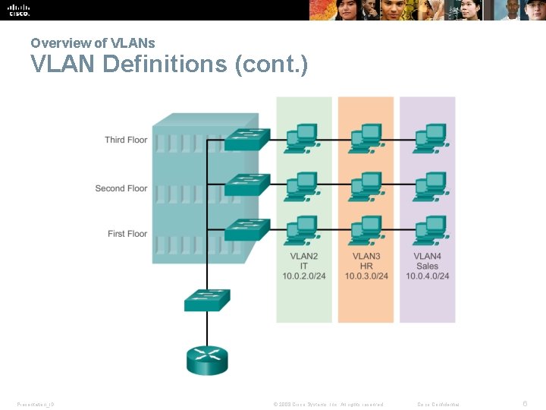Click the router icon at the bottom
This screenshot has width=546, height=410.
pos(206,357)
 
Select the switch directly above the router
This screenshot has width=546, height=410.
pos(206,301)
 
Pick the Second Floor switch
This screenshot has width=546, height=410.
pos(247,184)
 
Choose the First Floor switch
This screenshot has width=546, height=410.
pos(247,229)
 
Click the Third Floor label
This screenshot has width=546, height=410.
pos(126,140)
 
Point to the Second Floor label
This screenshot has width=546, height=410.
pos(121,188)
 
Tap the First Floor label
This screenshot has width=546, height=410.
pos(127,234)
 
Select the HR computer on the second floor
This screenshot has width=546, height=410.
pos(367,184)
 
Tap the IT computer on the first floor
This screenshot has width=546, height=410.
pos(304,230)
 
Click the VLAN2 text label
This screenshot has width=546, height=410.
pos(303,257)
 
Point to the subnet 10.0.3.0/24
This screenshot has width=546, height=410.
pos(366,276)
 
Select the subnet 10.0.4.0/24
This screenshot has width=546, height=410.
pos(427,276)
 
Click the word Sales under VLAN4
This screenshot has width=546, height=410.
pos(427,266)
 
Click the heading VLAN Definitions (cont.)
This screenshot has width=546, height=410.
pos(169,65)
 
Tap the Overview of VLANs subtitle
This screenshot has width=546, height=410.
pos(93,43)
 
